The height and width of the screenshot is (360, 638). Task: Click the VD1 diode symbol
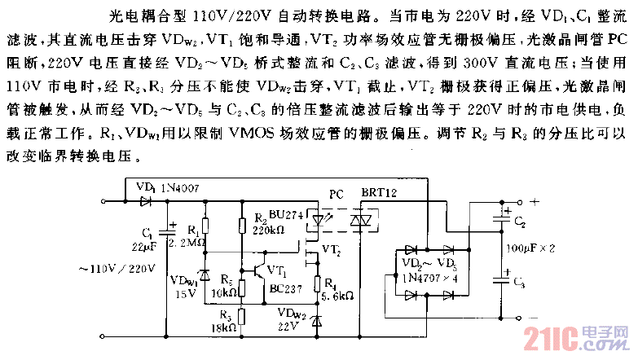point(147,199)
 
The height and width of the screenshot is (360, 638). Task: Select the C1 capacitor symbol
point(170,230)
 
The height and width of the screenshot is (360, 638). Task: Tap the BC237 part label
point(281,289)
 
